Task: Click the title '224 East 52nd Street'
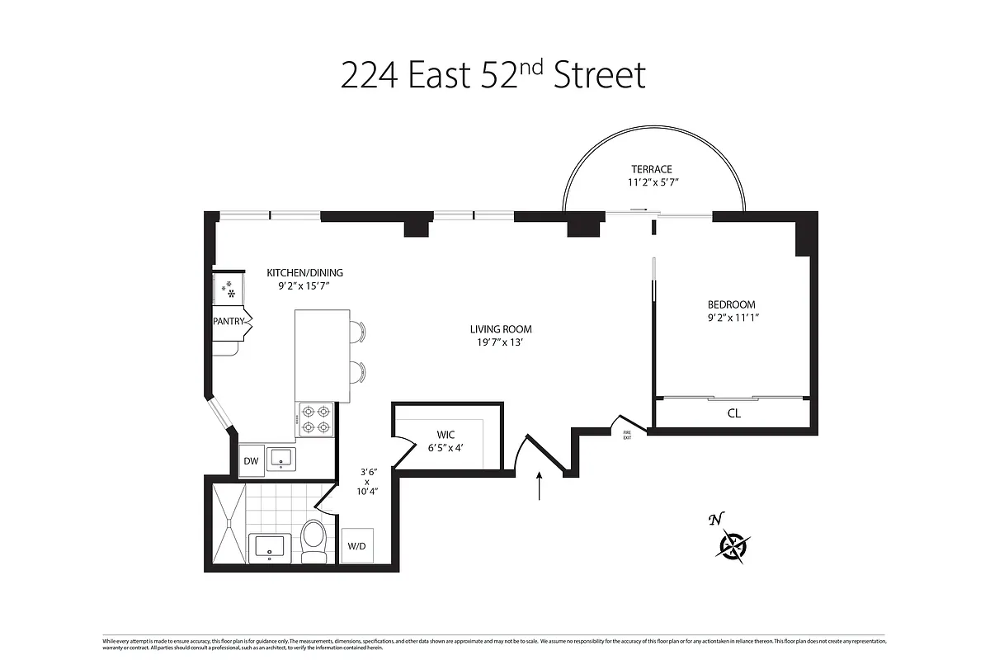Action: click(493, 76)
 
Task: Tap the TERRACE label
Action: click(652, 169)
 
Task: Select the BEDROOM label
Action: click(731, 304)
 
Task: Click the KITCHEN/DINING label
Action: click(304, 273)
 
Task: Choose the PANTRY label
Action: click(229, 322)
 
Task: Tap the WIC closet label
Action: click(446, 435)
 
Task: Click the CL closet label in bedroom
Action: click(733, 413)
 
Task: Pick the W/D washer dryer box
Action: click(357, 545)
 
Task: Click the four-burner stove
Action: click(314, 419)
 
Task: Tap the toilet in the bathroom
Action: click(313, 540)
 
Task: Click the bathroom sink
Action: click(269, 546)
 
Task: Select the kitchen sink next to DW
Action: click(281, 459)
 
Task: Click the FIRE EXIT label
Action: click(627, 434)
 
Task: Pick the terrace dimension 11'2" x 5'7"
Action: click(652, 182)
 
